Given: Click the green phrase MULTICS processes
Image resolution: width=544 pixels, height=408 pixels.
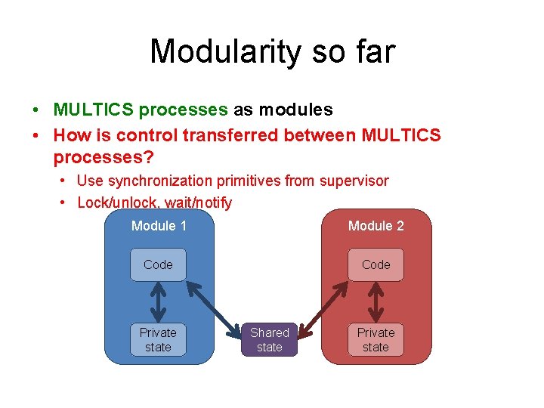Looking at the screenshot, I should pyautogui.click(x=140, y=110).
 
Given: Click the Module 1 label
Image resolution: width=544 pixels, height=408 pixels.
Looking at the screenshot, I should pyautogui.click(x=159, y=226).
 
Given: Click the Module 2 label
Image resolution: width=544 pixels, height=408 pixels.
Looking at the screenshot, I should pyautogui.click(x=376, y=226).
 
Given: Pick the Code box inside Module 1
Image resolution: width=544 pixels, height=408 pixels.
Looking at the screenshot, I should pyautogui.click(x=158, y=264).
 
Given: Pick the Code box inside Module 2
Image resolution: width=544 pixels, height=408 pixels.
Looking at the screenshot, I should pyautogui.click(x=376, y=264).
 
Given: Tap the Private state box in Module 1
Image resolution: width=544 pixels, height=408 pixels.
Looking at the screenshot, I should pyautogui.click(x=158, y=340).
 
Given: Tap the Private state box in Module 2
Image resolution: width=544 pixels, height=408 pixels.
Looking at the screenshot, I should pyautogui.click(x=376, y=340).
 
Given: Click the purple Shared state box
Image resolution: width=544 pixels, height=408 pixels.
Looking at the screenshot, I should pyautogui.click(x=269, y=340).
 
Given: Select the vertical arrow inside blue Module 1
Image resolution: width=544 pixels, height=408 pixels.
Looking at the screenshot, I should pyautogui.click(x=158, y=302).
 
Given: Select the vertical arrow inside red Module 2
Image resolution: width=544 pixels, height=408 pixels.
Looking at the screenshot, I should pyautogui.click(x=376, y=302).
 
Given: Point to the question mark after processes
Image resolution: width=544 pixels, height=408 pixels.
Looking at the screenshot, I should pyautogui.click(x=148, y=158).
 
